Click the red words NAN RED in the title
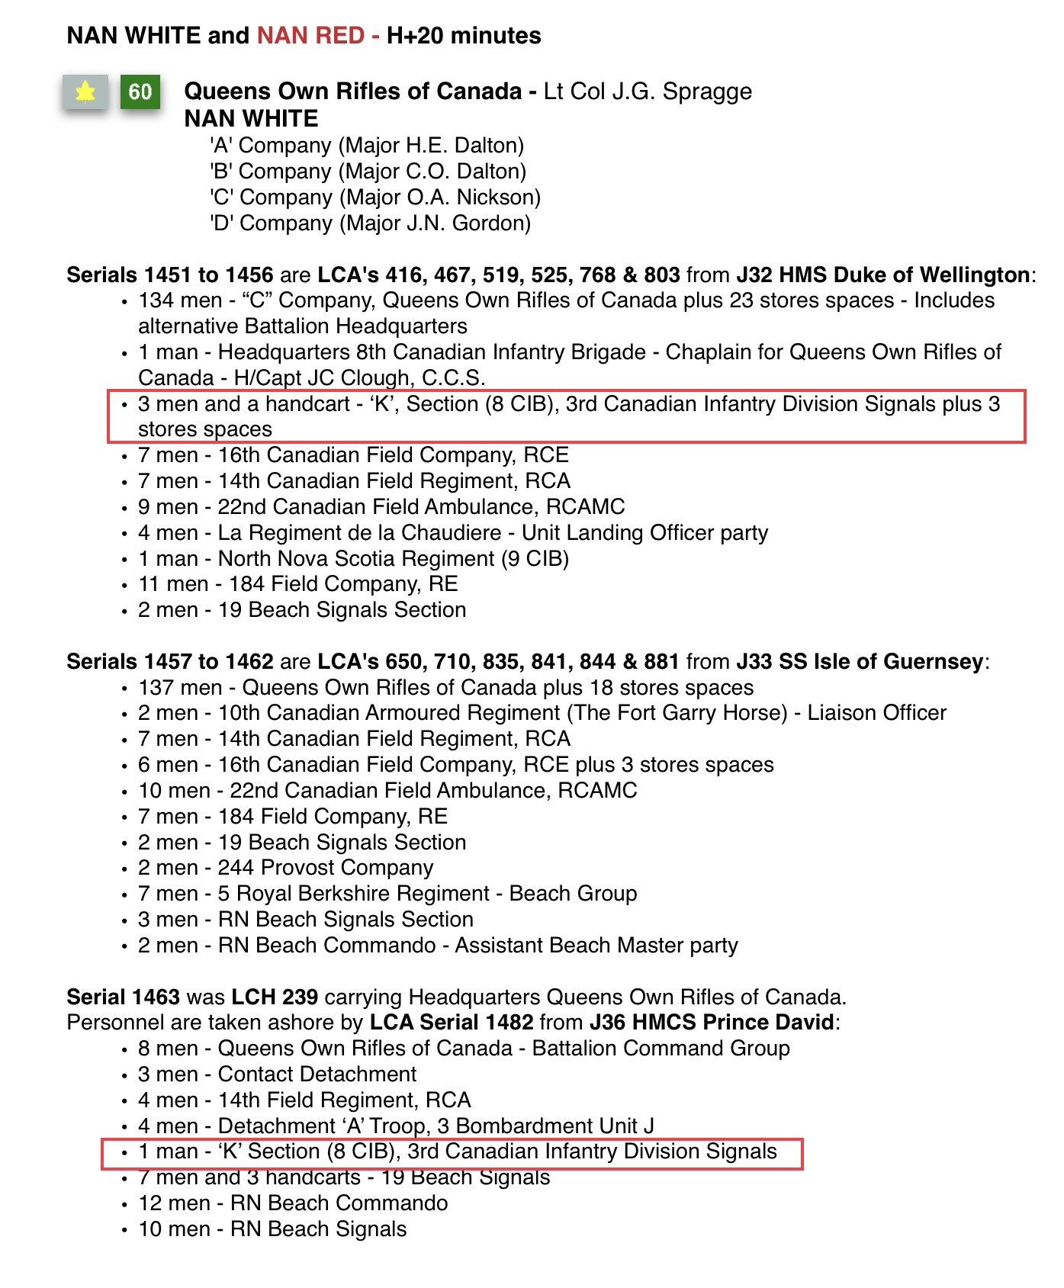point(310,36)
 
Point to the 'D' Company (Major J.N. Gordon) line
point(370,223)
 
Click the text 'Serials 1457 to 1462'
point(170,662)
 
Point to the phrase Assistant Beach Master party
point(596,946)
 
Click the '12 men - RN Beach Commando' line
point(293,1203)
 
